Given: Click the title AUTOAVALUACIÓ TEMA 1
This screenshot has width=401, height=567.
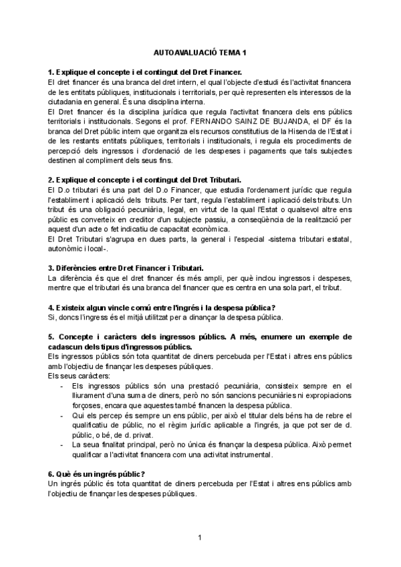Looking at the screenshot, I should click(x=200, y=52).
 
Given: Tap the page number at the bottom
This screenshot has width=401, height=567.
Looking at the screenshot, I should click(x=200, y=538).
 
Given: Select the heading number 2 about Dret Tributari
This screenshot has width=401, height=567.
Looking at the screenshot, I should click(x=145, y=181).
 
